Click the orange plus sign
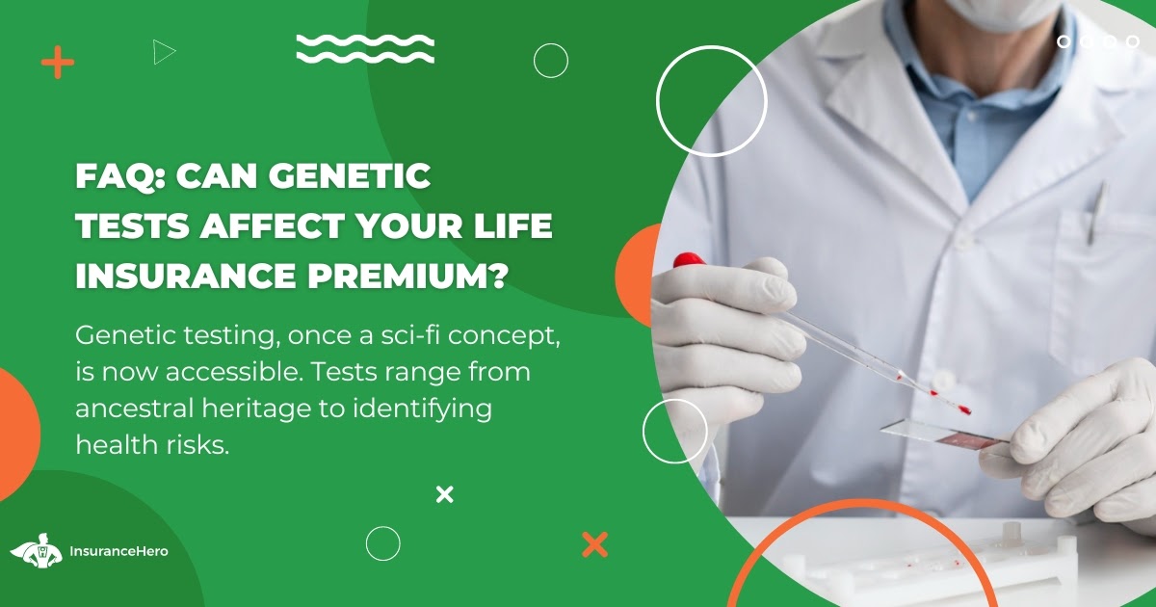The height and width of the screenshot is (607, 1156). click(x=57, y=63)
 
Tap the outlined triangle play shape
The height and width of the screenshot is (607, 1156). click(x=164, y=52)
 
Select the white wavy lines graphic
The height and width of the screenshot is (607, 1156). click(x=365, y=49)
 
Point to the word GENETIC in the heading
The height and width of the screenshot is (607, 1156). click(x=350, y=176)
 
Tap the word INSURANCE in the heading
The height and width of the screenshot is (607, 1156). click(x=186, y=276)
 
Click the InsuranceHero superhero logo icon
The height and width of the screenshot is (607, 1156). click(x=37, y=550)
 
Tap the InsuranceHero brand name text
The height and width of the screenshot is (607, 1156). click(x=118, y=551)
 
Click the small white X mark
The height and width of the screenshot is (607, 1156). click(x=444, y=494)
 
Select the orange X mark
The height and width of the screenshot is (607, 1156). click(x=594, y=544)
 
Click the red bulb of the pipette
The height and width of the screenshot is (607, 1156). click(x=689, y=259)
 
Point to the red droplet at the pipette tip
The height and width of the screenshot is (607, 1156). click(x=963, y=409)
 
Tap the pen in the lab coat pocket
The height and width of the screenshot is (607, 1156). click(x=1096, y=212)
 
